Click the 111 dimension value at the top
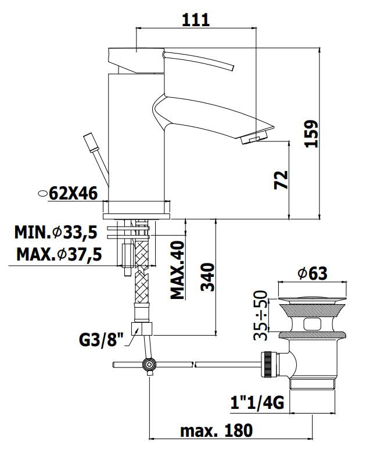(x=195, y=20)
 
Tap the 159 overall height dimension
(x=311, y=134)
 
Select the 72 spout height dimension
(x=281, y=180)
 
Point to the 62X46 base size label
(x=73, y=193)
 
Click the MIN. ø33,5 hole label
(x=56, y=232)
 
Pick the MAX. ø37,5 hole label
(x=59, y=254)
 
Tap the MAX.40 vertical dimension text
(x=177, y=270)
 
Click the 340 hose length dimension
(x=207, y=277)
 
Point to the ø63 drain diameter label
(x=313, y=273)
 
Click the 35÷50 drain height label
(x=260, y=315)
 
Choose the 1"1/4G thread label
(x=257, y=402)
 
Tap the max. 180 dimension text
(x=216, y=430)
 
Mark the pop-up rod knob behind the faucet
(x=89, y=142)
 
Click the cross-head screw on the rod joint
(x=149, y=364)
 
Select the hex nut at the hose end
(x=142, y=329)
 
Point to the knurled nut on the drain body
(x=267, y=364)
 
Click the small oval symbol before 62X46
(x=43, y=193)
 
